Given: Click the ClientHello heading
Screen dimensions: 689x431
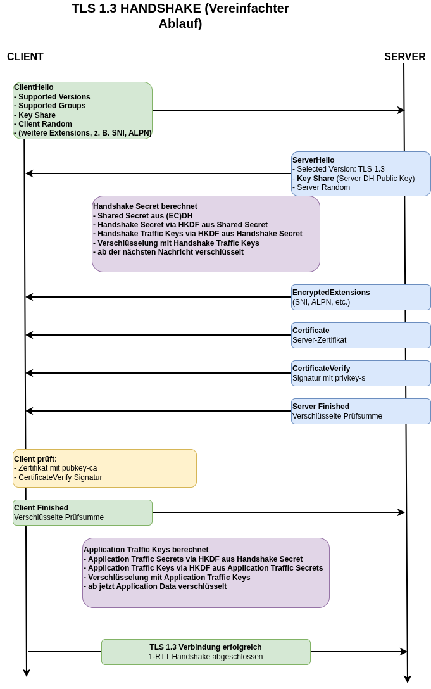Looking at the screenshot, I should click(x=34, y=87).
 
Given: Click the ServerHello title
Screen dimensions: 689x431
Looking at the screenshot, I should click(x=313, y=160).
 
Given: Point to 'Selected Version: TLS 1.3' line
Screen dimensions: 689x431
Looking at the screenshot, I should click(x=340, y=169).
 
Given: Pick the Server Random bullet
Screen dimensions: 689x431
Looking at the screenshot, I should click(x=323, y=187).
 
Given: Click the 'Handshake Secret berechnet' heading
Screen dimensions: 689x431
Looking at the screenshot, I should click(x=145, y=206).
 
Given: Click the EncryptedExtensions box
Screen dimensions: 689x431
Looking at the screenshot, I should click(x=361, y=297).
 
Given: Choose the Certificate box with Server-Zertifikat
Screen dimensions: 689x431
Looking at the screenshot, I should click(x=361, y=335).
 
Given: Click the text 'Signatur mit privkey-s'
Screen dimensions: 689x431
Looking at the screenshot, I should click(x=328, y=378).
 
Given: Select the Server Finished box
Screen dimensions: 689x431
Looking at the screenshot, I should click(x=361, y=411).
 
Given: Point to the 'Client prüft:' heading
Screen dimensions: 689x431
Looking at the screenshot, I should click(x=35, y=459).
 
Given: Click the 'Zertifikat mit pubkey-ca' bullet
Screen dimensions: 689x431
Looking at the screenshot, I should click(x=58, y=468).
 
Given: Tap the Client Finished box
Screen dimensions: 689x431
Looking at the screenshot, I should click(x=82, y=512).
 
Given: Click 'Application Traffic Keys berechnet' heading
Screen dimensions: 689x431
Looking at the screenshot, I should click(x=146, y=550).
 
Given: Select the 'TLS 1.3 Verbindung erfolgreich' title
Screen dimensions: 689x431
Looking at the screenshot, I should click(x=206, y=647).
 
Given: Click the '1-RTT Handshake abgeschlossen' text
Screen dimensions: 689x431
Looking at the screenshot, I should click(x=206, y=657).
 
